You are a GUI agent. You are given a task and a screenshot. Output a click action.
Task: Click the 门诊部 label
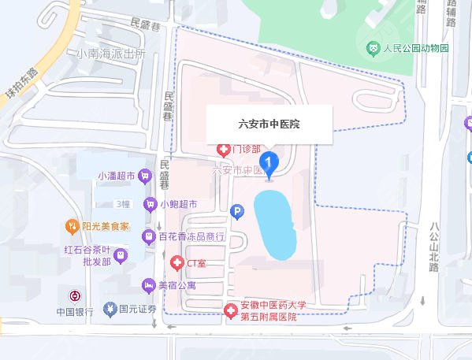[x=247, y=148]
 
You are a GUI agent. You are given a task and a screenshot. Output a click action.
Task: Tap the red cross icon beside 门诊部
[x=223, y=148]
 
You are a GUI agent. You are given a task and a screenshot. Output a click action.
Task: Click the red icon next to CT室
[x=177, y=262]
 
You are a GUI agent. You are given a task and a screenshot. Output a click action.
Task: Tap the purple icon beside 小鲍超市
[x=149, y=204]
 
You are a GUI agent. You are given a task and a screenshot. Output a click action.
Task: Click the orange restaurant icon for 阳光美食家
[x=72, y=225]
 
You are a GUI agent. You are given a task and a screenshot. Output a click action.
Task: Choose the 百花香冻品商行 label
[x=192, y=236]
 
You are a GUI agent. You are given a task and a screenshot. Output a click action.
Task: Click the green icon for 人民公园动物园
[x=372, y=49]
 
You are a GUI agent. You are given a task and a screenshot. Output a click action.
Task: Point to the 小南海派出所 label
[x=111, y=54]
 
